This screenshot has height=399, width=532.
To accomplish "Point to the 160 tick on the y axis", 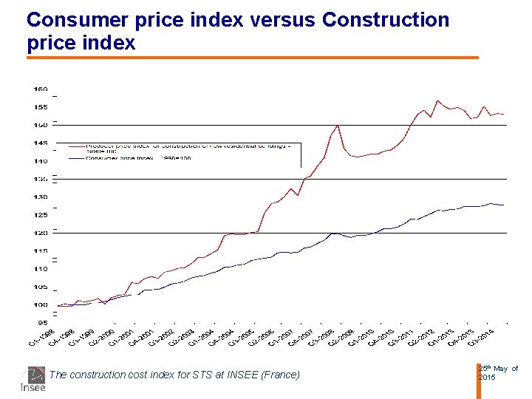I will click(41, 89).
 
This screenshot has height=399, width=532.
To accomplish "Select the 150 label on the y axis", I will click(41, 125).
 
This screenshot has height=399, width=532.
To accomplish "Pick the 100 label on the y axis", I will click(41, 305).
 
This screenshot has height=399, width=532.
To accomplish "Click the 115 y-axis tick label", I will click(41, 251).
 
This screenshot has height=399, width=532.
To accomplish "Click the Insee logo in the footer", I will click(33, 378).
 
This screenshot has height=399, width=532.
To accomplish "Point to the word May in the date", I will click(501, 369).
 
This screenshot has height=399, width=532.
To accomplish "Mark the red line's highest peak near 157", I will click(438, 100).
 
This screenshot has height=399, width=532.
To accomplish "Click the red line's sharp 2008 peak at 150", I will click(338, 126).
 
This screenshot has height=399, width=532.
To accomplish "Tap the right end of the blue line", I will click(503, 205).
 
